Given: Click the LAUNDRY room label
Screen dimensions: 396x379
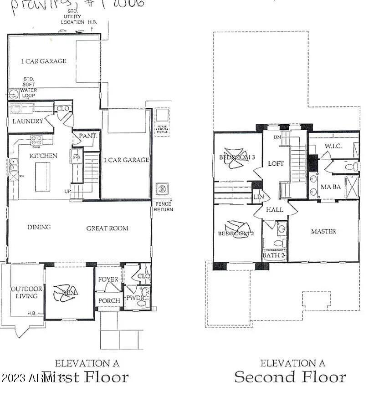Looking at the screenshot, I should [28, 121].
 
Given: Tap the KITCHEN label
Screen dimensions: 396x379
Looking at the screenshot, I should [44, 156].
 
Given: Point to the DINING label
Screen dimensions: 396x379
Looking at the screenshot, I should [39, 227].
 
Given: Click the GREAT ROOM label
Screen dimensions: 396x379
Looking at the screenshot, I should [107, 228].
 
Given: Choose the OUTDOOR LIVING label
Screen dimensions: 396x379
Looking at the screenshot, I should [26, 292].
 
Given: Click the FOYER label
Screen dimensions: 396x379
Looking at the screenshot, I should [108, 279].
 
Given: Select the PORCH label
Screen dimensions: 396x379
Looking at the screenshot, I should [109, 300].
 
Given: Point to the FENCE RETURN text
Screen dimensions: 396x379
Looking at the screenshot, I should [163, 207].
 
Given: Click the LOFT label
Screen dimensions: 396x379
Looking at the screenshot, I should [276, 163].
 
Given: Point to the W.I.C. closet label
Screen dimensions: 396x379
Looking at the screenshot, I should [333, 146].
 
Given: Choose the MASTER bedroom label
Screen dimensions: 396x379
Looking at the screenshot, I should [323, 231].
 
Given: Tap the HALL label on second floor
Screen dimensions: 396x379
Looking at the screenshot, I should [275, 210].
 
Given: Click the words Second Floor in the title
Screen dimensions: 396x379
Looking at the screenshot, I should [290, 377].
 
